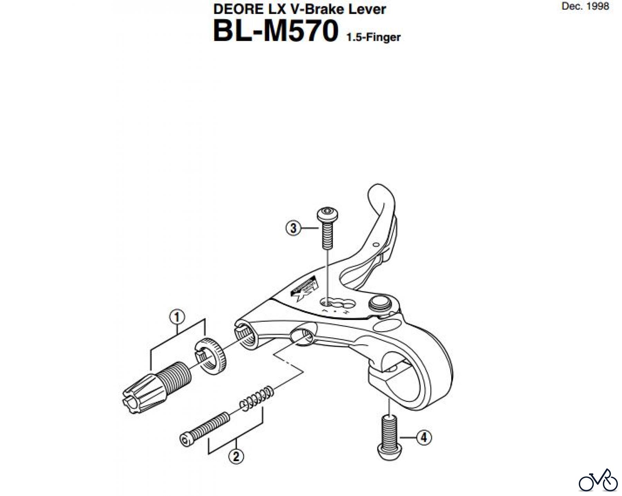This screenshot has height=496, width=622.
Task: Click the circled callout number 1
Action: (177, 317)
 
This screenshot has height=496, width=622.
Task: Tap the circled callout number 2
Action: (236, 456)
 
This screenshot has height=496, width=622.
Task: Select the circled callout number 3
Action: (293, 228)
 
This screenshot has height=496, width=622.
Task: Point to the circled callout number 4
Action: (424, 438)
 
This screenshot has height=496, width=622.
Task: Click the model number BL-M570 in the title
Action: (275, 31)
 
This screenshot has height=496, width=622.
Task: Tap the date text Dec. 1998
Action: (585, 6)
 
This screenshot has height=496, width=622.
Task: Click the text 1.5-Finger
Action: (373, 37)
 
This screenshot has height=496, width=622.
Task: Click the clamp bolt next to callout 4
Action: (389, 438)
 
